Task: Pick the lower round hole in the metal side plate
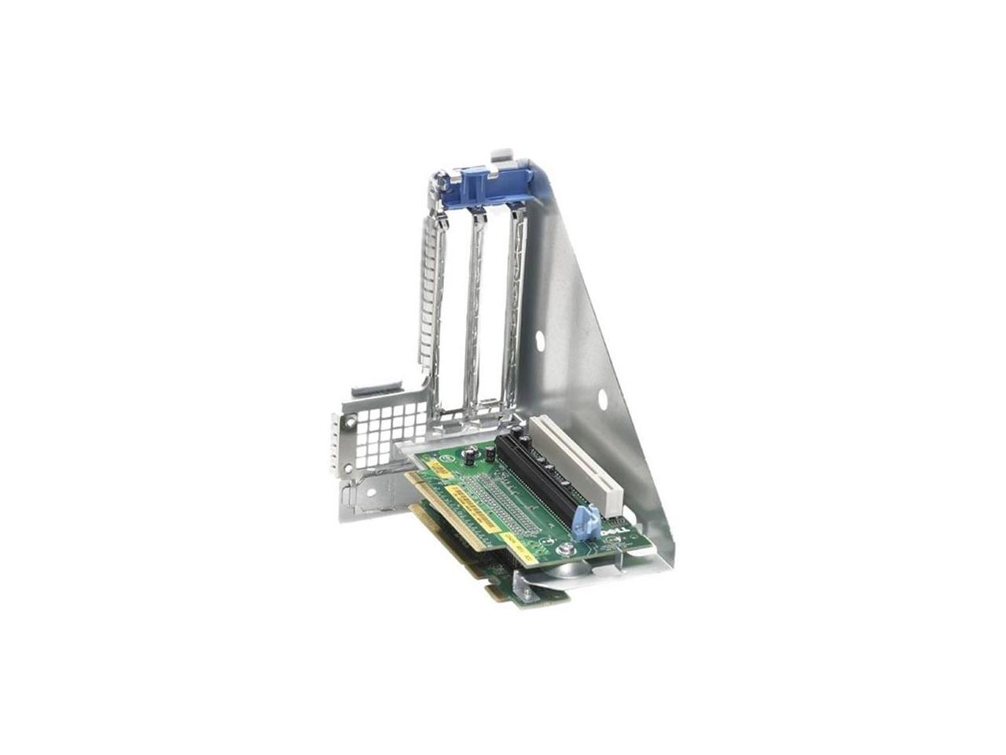pos(603,399)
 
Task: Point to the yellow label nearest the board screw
pos(520,543)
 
